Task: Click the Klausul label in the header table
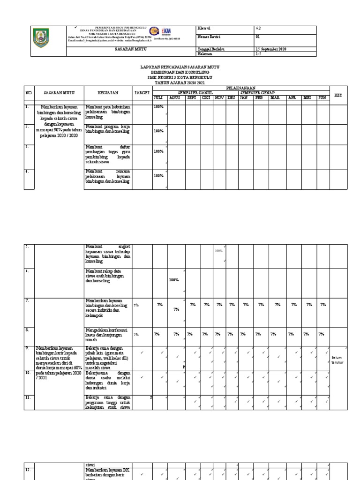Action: pyautogui.click(x=205, y=29)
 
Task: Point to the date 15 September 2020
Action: pyautogui.click(x=270, y=49)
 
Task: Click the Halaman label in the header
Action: pyautogui.click(x=206, y=54)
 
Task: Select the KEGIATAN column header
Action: pyautogui.click(x=107, y=93)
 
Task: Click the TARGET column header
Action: pyautogui.click(x=142, y=93)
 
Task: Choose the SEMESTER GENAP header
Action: pyautogui.click(x=257, y=92)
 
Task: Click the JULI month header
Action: pyautogui.click(x=159, y=97)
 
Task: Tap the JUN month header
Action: pyautogui.click(x=322, y=97)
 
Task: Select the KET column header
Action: pyautogui.click(x=338, y=95)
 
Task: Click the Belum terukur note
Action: pyautogui.click(x=337, y=360)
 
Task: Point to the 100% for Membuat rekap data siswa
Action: pyautogui.click(x=174, y=280)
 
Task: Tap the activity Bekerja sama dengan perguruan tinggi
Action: pyautogui.click(x=108, y=401)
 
